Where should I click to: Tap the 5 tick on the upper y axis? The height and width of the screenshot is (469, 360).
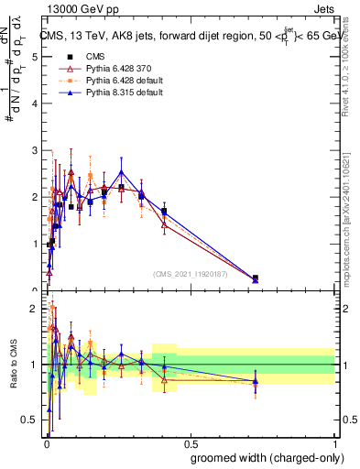click(34, 57)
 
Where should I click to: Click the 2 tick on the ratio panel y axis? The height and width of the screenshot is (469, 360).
click(34, 309)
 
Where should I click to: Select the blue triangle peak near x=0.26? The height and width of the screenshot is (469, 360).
click(121, 171)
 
